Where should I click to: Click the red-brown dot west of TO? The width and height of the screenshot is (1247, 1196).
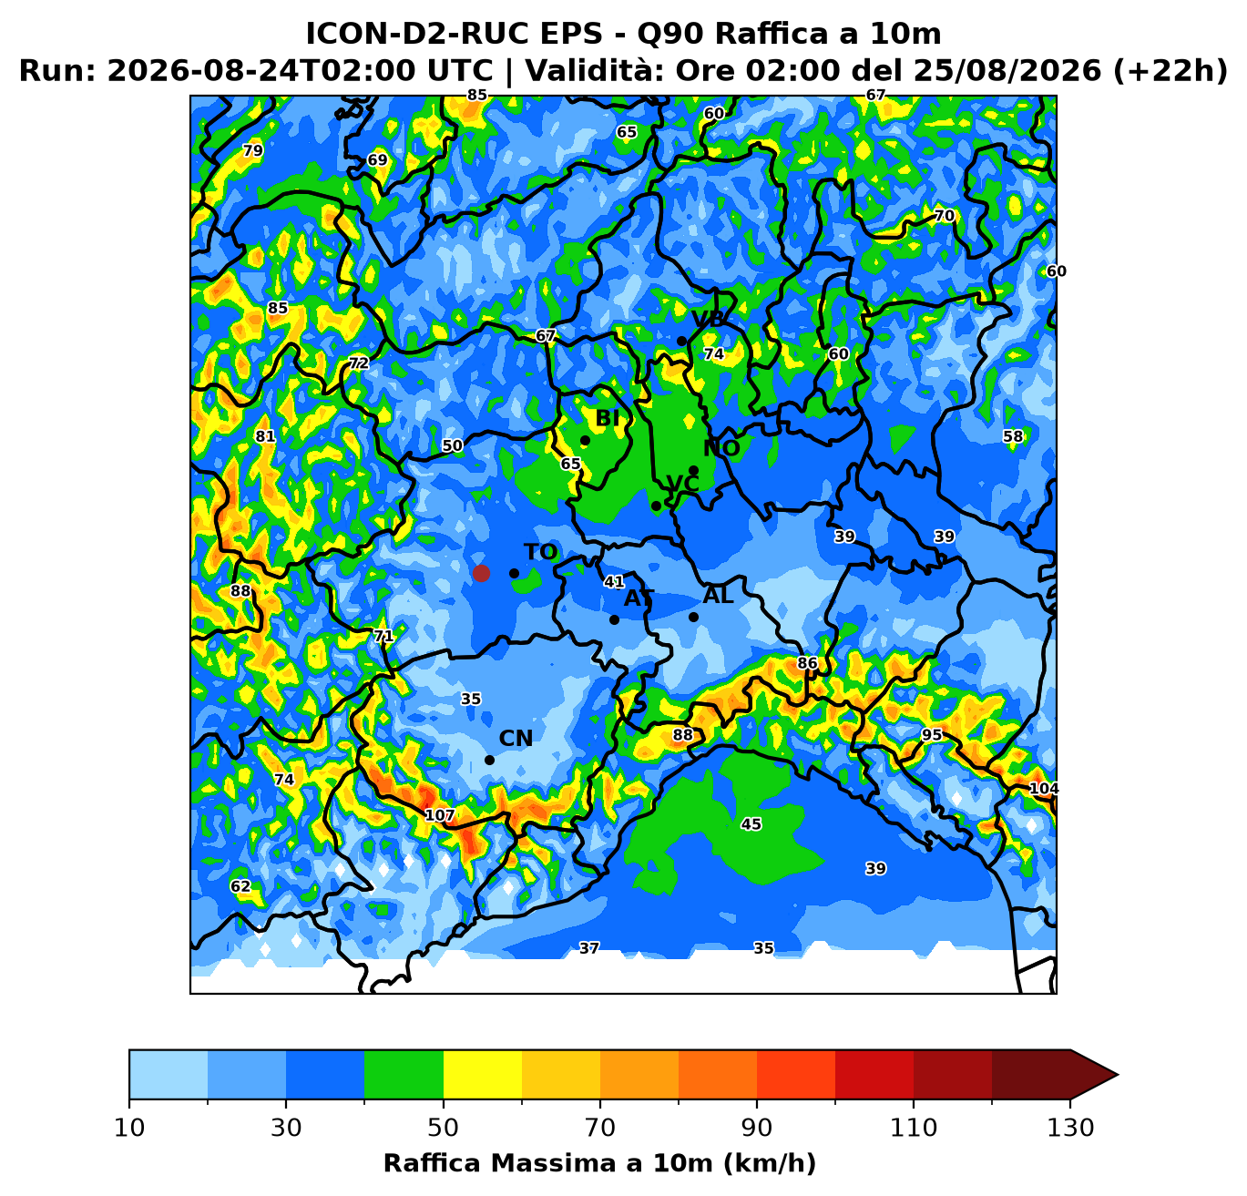(x=481, y=573)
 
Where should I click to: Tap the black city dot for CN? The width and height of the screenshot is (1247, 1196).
(x=489, y=761)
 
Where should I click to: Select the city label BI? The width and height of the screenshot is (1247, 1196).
(x=608, y=418)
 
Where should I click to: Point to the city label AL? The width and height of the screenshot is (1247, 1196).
(x=718, y=596)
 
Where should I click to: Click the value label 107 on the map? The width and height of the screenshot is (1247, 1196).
(x=440, y=815)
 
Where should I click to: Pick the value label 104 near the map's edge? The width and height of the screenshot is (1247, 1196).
(x=1044, y=788)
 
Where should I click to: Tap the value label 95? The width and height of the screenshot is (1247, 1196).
(x=932, y=734)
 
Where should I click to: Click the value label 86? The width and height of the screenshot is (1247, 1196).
(x=807, y=663)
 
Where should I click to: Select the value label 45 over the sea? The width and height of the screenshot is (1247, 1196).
(x=751, y=823)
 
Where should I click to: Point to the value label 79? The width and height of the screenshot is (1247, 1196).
(x=253, y=150)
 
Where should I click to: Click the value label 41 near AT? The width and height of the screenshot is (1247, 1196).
(x=614, y=581)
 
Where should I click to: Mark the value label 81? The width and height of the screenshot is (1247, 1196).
(x=265, y=436)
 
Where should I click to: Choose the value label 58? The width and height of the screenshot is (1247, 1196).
(x=1013, y=436)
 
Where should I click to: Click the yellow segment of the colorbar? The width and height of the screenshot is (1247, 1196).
(x=483, y=1074)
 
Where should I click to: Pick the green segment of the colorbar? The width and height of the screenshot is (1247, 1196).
(x=404, y=1074)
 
